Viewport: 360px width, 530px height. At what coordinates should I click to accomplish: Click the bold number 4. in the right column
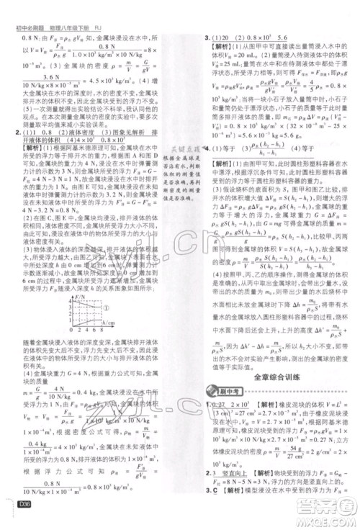point(207,168)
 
